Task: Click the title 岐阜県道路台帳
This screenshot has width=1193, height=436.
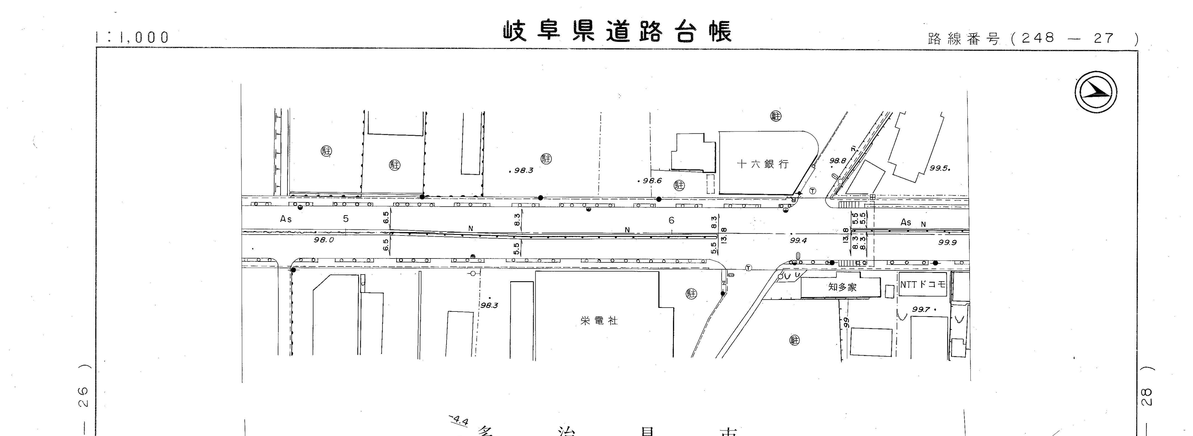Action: [618, 31]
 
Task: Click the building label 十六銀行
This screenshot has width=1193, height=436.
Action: [762, 164]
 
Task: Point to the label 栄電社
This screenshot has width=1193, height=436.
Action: [599, 321]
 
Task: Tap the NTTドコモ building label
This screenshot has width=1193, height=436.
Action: [922, 285]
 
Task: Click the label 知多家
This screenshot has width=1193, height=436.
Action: [842, 287]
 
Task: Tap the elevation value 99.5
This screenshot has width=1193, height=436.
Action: [939, 168]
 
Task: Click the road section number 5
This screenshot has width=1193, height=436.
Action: [345, 219]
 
